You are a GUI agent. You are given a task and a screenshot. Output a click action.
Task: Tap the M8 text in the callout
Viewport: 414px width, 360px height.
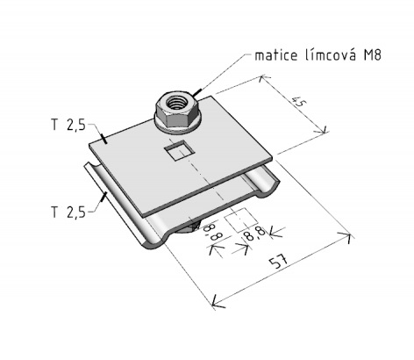[x=372, y=55]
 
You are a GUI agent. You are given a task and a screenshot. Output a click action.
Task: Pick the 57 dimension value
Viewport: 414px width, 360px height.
[x=279, y=262]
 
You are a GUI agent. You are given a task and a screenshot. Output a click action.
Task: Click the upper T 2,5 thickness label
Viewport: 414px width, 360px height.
[x=68, y=126]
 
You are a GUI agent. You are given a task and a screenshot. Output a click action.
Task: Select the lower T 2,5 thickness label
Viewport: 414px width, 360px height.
[x=68, y=212]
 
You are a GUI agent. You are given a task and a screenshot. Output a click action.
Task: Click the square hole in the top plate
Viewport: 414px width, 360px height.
[x=180, y=149]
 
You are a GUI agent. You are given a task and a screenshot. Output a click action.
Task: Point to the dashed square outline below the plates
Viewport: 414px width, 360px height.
[x=241, y=220]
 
